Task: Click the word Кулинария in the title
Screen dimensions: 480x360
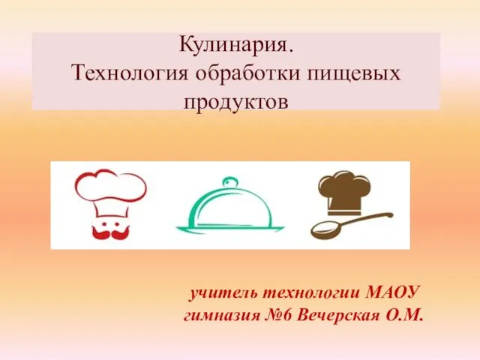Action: [x=235, y=45]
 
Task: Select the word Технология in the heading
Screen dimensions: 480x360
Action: [x=130, y=73]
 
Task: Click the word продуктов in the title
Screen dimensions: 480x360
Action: [x=235, y=102]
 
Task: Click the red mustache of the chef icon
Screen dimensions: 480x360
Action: [x=111, y=232]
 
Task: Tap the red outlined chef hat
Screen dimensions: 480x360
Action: [x=111, y=194]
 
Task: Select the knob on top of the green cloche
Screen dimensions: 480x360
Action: [x=229, y=182]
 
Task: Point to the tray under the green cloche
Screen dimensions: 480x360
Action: [x=230, y=229]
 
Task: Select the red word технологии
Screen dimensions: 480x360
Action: [x=311, y=293]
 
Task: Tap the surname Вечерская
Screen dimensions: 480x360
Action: [x=338, y=315]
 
